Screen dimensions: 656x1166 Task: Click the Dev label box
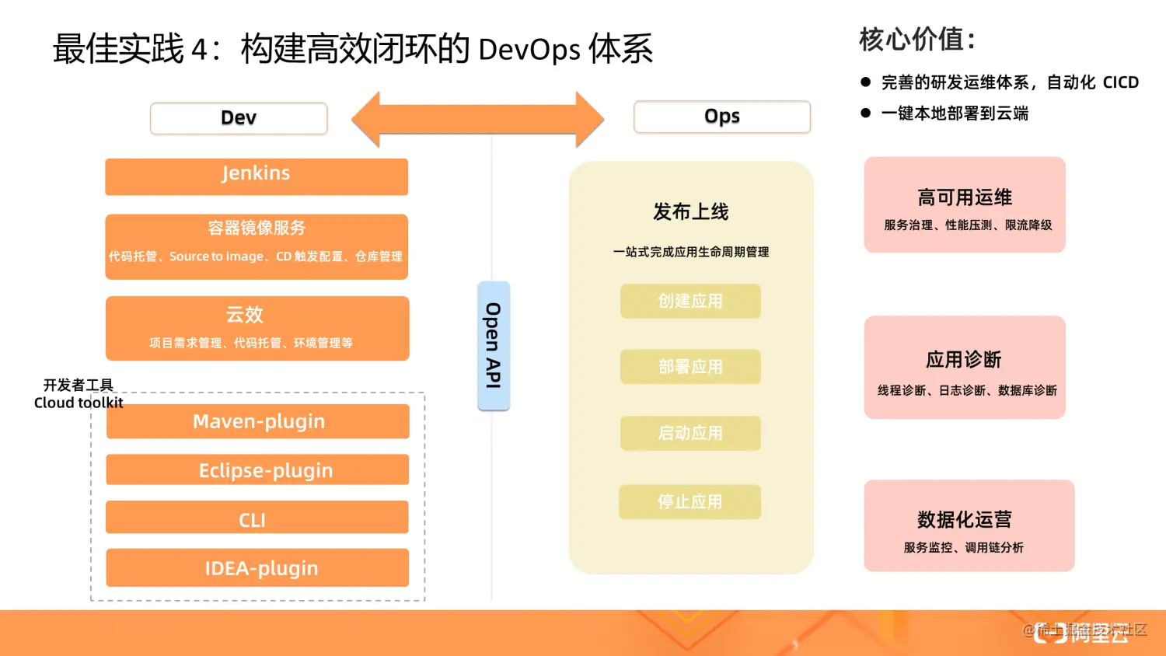[239, 118]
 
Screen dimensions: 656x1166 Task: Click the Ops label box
[722, 117]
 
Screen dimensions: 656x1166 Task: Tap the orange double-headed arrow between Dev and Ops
[477, 120]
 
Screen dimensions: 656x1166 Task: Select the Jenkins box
[257, 176]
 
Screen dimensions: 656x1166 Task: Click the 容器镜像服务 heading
[257, 228]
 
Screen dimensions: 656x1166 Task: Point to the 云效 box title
[245, 315]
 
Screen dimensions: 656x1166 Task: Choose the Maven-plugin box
[258, 421]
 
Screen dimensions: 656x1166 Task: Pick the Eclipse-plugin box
[258, 470]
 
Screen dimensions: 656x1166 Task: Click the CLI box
[257, 518]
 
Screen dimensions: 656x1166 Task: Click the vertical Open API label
[493, 346]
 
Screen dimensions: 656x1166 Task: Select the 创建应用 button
[690, 301]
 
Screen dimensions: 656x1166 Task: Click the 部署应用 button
[690, 367]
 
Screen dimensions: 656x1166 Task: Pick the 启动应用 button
[690, 433]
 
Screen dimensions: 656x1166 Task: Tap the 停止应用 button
[690, 502]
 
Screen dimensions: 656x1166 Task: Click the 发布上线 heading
[690, 211]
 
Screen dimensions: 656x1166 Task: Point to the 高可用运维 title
[965, 197]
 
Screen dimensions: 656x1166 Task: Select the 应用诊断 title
[964, 360]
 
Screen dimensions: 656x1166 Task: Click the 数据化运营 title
[964, 519]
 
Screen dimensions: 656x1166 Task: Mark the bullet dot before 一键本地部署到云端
[866, 113]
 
